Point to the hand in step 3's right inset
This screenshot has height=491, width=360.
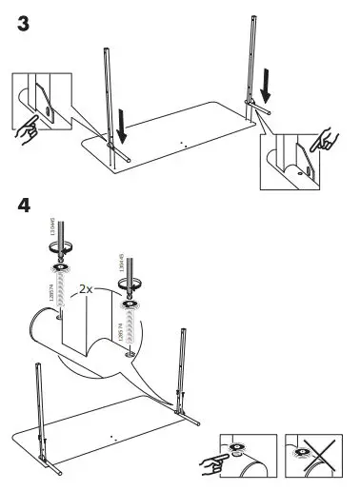coord(328,139)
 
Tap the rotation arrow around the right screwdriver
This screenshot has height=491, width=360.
coord(130,282)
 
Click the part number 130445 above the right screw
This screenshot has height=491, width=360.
coord(121,262)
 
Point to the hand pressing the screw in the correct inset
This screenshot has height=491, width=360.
coord(216,463)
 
